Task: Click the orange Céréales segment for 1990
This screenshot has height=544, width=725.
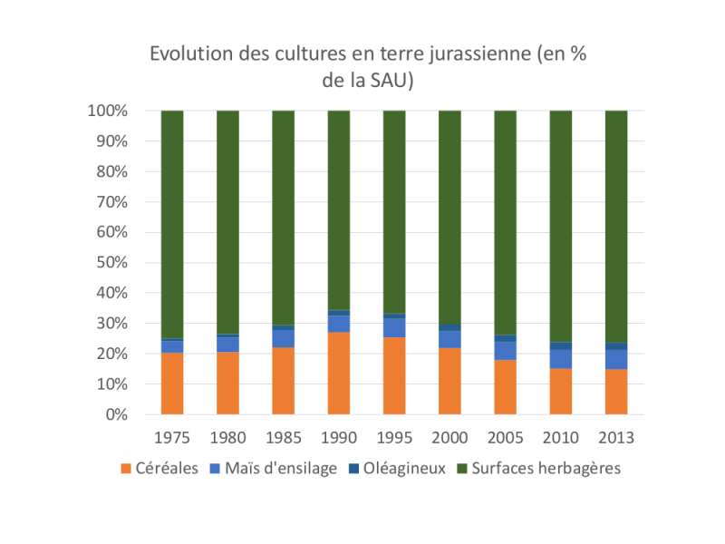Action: coord(339,374)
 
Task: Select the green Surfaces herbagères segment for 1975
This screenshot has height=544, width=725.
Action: coord(172,225)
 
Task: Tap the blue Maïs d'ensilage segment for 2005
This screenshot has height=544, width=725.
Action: coord(506,350)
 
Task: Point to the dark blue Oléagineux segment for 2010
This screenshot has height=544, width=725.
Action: coord(561,345)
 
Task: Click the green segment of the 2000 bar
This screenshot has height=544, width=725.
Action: coord(450,218)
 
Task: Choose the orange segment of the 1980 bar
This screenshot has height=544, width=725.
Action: coord(227,383)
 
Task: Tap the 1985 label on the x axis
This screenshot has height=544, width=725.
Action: coord(283,437)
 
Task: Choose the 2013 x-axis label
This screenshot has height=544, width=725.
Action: coord(616,437)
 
